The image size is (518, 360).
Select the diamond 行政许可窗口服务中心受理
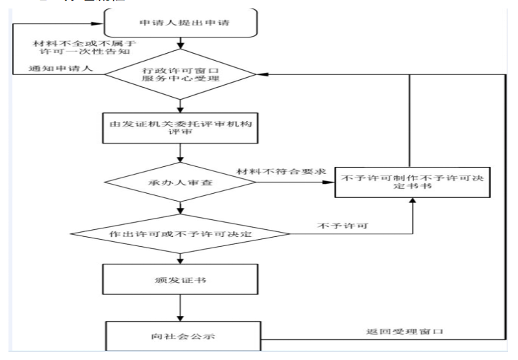point(182,74)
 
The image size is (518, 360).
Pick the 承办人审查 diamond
point(182,183)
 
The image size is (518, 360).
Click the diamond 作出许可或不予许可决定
point(182,231)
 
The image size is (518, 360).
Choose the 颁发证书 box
point(182,280)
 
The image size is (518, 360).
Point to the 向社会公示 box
point(182,332)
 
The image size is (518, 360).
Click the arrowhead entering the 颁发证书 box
point(182,260)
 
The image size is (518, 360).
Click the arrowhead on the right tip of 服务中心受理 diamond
point(259,74)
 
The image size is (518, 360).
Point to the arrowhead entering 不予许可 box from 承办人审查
point(331,183)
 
